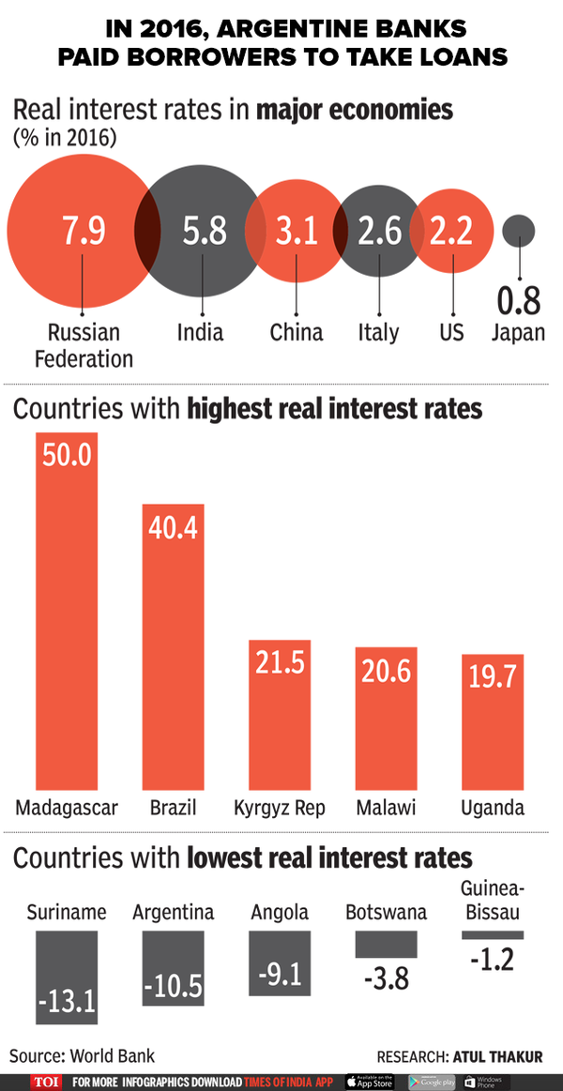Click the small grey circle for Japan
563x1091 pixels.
(x=518, y=231)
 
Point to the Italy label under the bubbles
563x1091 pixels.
(x=378, y=332)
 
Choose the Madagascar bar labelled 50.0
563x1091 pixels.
(x=66, y=610)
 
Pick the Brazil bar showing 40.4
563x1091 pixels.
(x=174, y=647)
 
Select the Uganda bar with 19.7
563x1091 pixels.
(x=493, y=722)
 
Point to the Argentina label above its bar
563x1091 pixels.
(x=173, y=912)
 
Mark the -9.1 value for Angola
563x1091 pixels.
(x=280, y=976)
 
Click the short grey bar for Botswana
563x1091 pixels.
(x=386, y=946)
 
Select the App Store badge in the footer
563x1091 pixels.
(x=370, y=1082)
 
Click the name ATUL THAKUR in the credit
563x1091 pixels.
(x=500, y=1056)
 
